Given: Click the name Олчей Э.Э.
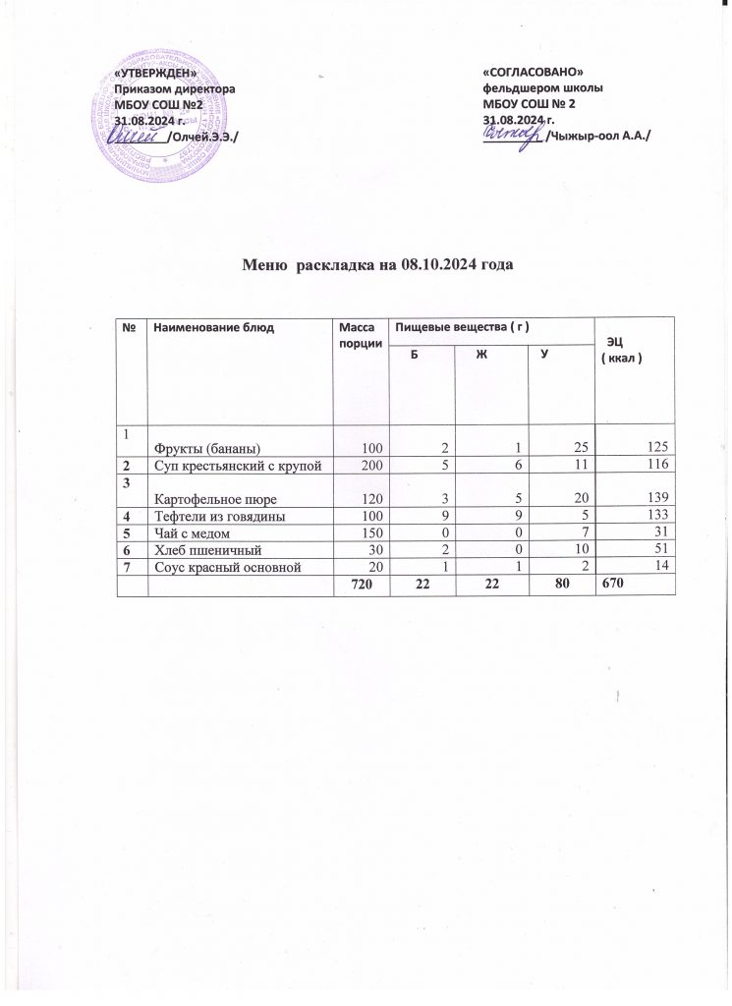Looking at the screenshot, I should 203,135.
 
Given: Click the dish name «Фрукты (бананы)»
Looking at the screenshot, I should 204,448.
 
